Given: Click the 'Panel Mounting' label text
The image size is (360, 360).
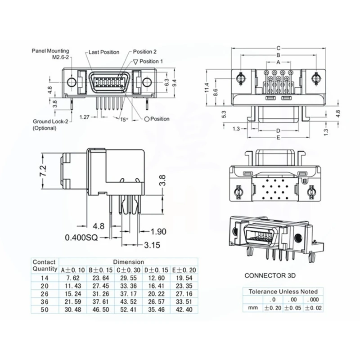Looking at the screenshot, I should tap(50, 51).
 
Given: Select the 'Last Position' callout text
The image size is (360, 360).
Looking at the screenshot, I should tap(104, 52).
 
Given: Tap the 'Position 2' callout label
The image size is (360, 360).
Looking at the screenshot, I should tap(145, 52).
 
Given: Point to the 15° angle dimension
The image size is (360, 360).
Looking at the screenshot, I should tap(124, 119).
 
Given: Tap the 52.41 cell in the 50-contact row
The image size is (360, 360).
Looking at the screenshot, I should tap(128, 310).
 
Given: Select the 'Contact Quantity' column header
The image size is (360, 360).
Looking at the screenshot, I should tap(44, 265).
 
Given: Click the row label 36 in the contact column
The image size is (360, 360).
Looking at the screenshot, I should tap(44, 302).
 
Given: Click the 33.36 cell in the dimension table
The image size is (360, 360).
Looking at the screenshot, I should tap(128, 286).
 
